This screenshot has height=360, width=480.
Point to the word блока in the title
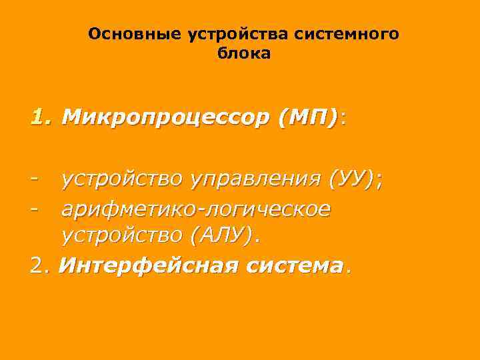(244, 53)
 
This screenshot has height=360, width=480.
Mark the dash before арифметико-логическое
(34, 209)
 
